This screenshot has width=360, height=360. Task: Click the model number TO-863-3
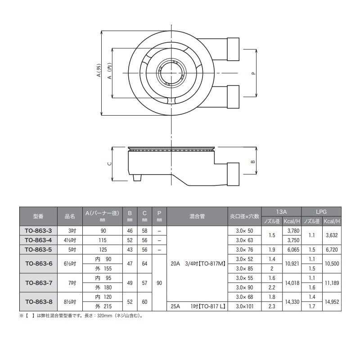pyautogui.click(x=38, y=231)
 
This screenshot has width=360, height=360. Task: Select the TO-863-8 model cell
pyautogui.click(x=38, y=301)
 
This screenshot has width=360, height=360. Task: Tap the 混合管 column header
pyautogui.click(x=197, y=216)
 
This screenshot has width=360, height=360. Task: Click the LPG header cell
pyautogui.click(x=321, y=211)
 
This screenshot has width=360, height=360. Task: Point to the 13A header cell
pyautogui.click(x=281, y=211)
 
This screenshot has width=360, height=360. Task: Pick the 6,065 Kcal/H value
pyautogui.click(x=293, y=250)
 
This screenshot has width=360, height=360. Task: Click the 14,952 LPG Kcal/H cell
pyautogui.click(x=332, y=301)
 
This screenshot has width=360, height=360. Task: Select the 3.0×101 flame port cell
pyautogui.click(x=244, y=306)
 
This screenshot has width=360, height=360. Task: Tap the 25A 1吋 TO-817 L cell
pyautogui.click(x=197, y=306)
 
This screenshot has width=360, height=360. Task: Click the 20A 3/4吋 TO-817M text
pyautogui.click(x=198, y=264)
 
